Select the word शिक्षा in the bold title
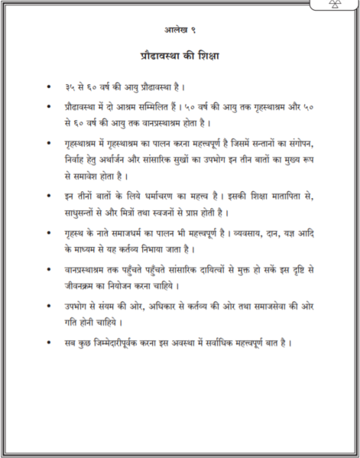point(204,55)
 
